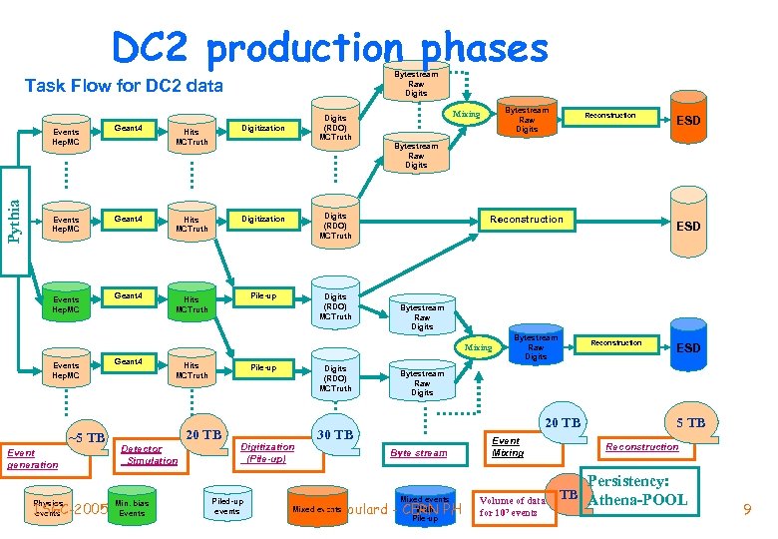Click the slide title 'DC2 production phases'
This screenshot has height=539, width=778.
329,47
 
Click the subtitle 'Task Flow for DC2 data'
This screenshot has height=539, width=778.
123,85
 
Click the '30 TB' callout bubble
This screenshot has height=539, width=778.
334,434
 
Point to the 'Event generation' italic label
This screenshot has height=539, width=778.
32,459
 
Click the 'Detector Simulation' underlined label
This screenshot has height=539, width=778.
150,455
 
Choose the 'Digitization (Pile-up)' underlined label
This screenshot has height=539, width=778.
267,453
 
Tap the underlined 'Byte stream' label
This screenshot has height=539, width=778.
419,453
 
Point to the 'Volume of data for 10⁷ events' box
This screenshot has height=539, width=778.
514,506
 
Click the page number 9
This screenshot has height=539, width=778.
746,511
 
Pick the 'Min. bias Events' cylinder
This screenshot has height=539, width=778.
132,507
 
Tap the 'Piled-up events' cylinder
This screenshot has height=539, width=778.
227,506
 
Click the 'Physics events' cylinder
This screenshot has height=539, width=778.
47,506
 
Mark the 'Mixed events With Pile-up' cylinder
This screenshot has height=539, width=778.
425,507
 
